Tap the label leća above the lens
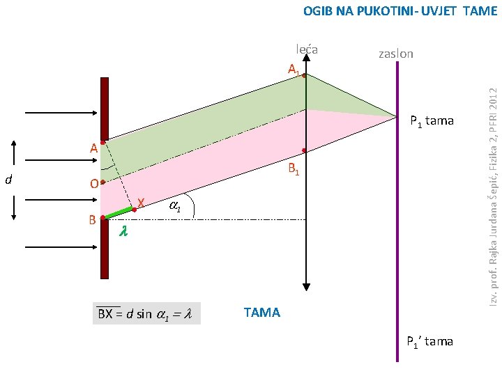tap(307, 49)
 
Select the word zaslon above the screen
tap(395, 54)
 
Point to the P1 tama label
tap(432, 122)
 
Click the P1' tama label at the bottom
tap(430, 341)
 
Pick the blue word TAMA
tap(262, 312)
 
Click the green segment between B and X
tap(119, 212)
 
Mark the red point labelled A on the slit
tap(102, 142)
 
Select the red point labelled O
tap(102, 182)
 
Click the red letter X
tap(141, 203)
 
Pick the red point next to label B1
tap(304, 150)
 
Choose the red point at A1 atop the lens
tap(304, 75)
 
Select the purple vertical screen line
tap(397, 209)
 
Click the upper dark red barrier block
tap(105, 108)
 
